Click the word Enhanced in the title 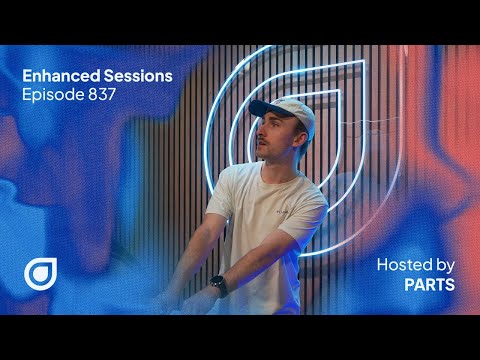(55, 76)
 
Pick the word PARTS (430, 285)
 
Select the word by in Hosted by (445, 265)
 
